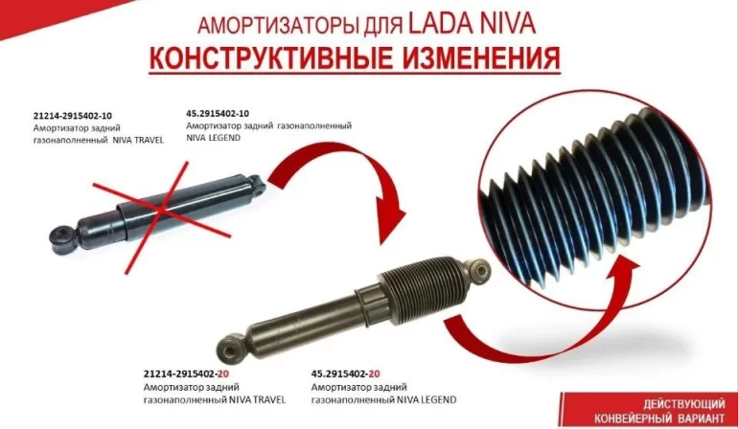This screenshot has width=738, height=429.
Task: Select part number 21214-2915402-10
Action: (x=73, y=116)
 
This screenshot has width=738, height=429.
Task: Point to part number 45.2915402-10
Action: (x=218, y=113)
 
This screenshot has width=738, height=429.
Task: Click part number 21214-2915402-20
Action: (x=186, y=374)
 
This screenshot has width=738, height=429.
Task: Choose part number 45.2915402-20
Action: (x=345, y=374)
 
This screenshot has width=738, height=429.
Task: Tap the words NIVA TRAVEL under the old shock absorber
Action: (x=138, y=140)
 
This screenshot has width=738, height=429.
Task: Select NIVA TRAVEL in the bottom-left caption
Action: (x=258, y=400)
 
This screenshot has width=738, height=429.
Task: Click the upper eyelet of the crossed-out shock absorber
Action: (x=256, y=184)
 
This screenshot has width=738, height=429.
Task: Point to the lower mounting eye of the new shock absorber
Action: (x=230, y=350)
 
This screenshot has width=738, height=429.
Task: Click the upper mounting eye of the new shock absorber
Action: (x=480, y=272)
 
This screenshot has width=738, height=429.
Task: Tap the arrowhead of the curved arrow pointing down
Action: (x=390, y=221)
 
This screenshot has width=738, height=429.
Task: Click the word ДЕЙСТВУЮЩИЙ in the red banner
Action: (x=684, y=404)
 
